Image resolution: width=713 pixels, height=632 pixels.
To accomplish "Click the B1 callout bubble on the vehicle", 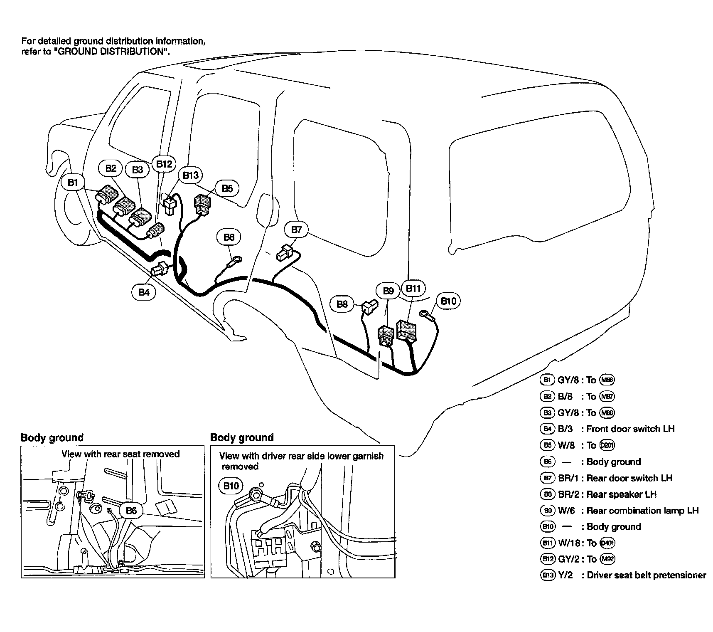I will click(73, 182).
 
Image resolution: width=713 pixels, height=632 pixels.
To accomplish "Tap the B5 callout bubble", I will click(227, 188).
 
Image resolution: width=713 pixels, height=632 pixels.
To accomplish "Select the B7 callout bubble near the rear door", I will click(296, 230).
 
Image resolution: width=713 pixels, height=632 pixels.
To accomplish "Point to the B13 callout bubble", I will click(191, 175).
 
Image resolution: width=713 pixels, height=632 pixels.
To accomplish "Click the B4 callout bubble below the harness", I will click(144, 292).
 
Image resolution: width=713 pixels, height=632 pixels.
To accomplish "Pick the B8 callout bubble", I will click(342, 304).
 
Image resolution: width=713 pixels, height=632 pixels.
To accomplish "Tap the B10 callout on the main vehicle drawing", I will click(448, 301).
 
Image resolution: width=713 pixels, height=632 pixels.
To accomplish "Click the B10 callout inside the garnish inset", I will click(231, 486).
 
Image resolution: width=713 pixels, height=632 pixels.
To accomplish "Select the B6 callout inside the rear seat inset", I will click(131, 510).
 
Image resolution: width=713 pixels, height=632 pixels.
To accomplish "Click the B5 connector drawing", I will click(202, 204).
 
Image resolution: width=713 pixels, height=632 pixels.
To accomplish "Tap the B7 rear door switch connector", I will click(285, 253).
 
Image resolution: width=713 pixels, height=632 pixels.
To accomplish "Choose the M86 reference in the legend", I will click(607, 380).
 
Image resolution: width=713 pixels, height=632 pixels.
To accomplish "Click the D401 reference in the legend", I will click(607, 543).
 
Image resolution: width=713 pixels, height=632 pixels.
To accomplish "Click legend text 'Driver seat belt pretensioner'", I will click(646, 575).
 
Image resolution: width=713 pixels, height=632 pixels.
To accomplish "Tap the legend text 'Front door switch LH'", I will click(630, 429).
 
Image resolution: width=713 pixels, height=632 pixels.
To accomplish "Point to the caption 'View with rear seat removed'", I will click(120, 454).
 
